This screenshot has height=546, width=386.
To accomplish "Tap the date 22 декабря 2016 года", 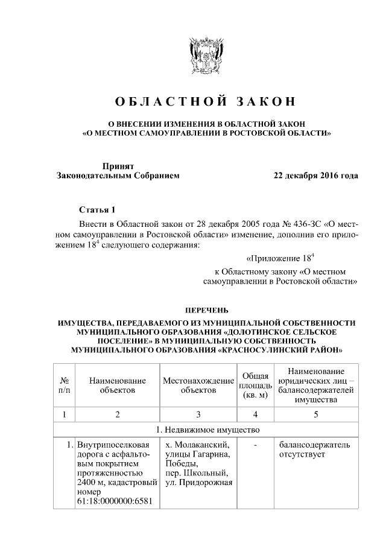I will click(x=315, y=176).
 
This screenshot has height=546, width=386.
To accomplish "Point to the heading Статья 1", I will click(x=97, y=210).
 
